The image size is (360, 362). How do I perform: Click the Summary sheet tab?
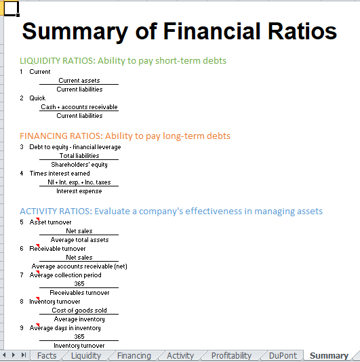pos(329,356)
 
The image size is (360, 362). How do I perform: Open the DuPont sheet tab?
pos(283,356)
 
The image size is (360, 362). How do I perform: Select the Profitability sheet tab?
pos(231,356)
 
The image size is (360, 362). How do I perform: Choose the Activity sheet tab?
pos(180,356)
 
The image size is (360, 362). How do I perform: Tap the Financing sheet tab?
pos(134,356)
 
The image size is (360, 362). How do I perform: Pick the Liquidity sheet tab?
pos(86,356)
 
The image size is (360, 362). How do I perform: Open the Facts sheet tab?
pos(47,356)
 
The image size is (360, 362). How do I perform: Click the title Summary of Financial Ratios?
pos(179,31)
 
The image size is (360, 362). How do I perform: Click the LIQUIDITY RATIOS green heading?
pos(123,61)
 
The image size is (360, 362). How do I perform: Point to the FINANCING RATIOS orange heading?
pos(125,136)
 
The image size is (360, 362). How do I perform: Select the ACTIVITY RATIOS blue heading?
pos(171,212)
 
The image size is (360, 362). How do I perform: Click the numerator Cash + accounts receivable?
pos(79,107)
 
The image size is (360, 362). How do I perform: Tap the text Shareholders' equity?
pos(79,165)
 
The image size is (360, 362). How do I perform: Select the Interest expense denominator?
pos(79,191)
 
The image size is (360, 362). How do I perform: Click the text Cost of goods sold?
pos(79,310)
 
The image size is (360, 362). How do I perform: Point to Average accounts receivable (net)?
pos(79,266)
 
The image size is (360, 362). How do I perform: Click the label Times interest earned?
pos(60,174)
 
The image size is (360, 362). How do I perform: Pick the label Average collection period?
pos(65,275)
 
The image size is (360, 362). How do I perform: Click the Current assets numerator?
pos(79,81)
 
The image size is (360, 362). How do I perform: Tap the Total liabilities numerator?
pos(79,156)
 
